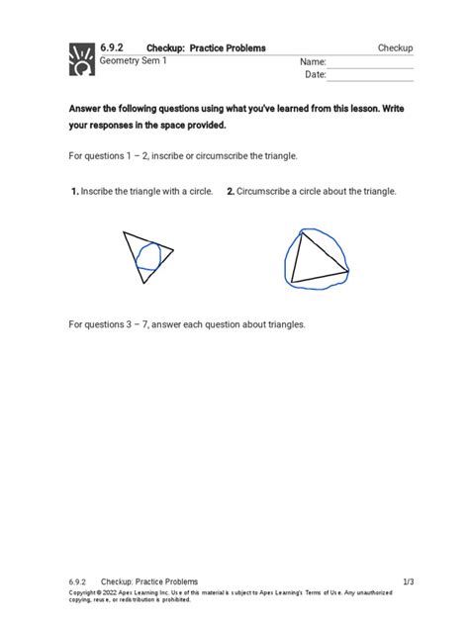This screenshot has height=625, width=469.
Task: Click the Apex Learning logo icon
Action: click(81, 58)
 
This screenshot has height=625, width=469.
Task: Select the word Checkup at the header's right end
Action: click(395, 48)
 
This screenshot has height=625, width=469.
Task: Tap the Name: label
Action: click(313, 61)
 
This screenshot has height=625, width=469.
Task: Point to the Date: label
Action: click(316, 75)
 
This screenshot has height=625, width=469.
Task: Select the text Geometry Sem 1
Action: click(134, 61)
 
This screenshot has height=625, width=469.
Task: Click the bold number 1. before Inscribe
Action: click(74, 191)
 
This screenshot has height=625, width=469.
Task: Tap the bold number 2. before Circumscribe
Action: click(230, 191)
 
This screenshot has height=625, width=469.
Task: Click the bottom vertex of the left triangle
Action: click(143, 284)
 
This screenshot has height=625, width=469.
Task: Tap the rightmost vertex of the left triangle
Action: click(174, 249)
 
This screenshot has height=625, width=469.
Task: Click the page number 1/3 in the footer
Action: click(408, 581)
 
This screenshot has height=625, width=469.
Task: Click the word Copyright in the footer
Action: click(87, 593)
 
